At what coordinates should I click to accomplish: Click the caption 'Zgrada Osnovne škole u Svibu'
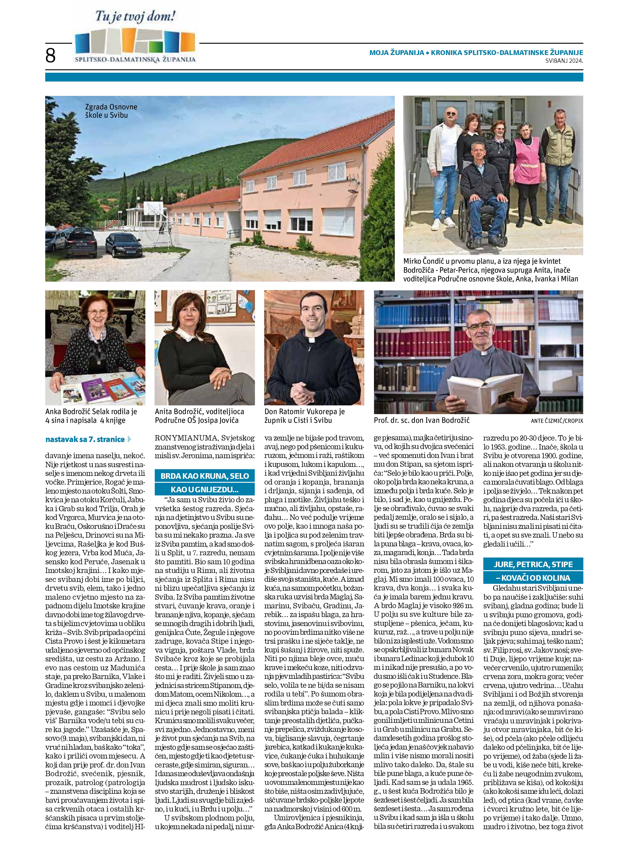tap(111, 111)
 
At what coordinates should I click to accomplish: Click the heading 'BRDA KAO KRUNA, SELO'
tap(204, 476)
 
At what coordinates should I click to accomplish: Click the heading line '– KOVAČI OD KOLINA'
tap(533, 578)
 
